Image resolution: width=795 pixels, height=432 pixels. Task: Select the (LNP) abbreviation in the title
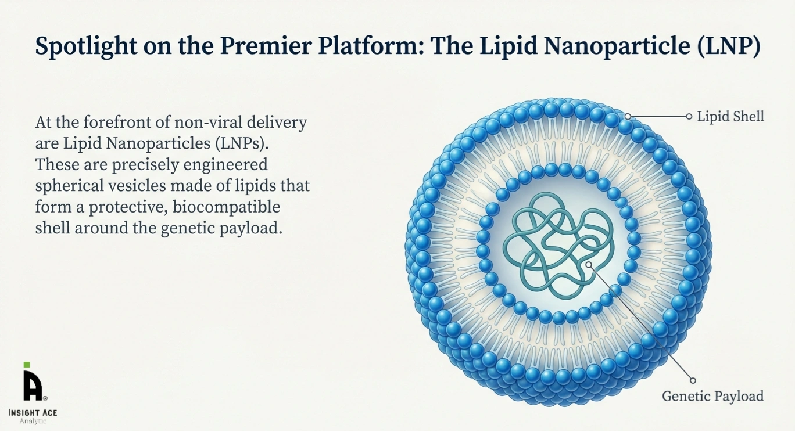point(728,47)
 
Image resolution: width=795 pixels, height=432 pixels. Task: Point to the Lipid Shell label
point(730,117)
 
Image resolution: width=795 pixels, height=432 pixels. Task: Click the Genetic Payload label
point(712,397)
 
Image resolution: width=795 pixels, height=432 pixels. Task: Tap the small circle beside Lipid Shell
point(689,117)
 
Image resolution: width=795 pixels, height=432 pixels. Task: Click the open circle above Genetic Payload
point(693,381)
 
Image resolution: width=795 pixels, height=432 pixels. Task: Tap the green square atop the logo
point(27,365)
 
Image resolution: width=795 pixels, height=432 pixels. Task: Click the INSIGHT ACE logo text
point(33,412)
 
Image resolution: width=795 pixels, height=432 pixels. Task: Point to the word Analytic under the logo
point(33,421)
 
